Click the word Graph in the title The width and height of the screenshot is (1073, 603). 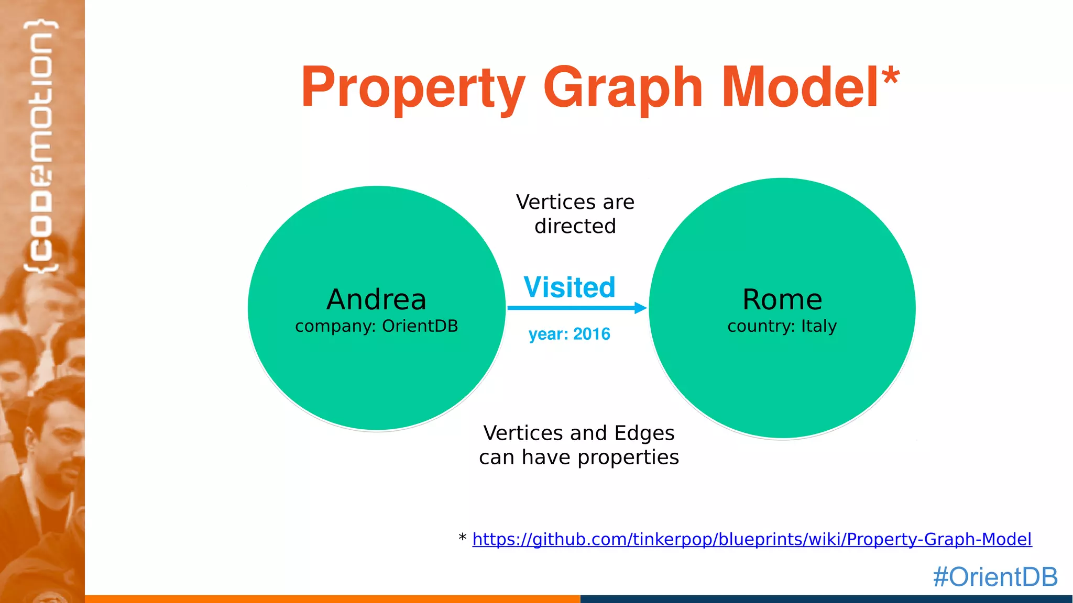coord(622,88)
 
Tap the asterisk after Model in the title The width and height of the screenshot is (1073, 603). coord(890,78)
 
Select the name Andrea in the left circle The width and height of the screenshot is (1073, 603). coord(376,300)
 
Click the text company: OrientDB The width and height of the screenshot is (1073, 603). coord(376,326)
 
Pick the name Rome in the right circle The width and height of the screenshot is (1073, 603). coord(782,300)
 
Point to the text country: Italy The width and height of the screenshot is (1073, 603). coord(782,326)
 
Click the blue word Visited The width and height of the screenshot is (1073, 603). coord(570,287)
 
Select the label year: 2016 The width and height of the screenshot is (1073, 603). coord(570,334)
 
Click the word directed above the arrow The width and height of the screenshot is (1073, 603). coord(575,226)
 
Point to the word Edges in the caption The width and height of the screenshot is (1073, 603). coord(644,433)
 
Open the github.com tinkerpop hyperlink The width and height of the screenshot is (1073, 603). coord(752,539)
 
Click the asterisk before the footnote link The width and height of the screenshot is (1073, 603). coord(462,538)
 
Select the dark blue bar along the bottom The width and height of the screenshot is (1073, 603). coord(826,599)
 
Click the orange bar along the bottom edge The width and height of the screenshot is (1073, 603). coord(332,599)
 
